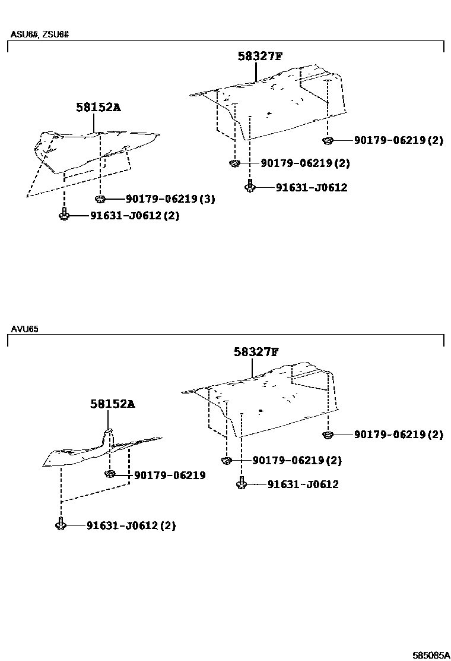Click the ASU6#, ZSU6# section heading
point(40,34)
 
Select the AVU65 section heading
point(24,329)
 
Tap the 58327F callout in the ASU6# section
point(260,56)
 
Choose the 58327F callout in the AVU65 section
point(256,352)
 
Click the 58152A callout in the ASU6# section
point(98,107)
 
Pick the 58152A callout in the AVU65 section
point(113,404)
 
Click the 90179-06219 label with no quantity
point(170,475)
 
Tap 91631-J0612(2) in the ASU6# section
point(135,216)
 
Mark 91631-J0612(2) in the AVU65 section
point(131,525)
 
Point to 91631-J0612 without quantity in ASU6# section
point(311,187)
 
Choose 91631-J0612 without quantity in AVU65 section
point(303,484)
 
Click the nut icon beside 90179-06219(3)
point(100,199)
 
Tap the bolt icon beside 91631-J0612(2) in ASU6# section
point(63,214)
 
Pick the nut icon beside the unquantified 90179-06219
point(109,474)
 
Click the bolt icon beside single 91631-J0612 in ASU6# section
point(250,186)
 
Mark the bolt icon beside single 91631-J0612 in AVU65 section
point(241,483)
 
